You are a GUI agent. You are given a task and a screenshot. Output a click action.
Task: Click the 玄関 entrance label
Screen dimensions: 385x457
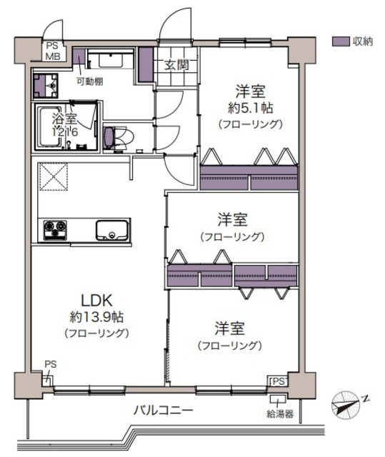(x=176, y=65)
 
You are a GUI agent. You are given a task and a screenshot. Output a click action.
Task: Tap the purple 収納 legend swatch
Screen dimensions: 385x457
(x=341, y=41)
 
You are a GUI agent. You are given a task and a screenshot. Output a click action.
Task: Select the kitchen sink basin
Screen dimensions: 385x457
(x=112, y=230)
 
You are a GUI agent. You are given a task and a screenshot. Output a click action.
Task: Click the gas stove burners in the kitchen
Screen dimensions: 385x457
(x=55, y=230)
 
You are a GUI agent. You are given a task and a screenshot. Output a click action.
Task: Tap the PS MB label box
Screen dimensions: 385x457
(x=53, y=51)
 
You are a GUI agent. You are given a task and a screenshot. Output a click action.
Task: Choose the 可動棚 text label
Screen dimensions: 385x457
(x=89, y=81)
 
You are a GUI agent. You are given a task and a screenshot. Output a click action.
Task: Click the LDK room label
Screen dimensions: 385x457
(x=96, y=301)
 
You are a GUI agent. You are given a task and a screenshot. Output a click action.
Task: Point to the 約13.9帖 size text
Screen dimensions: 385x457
(x=96, y=317)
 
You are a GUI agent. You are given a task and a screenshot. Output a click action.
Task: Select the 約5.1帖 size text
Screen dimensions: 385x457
(x=250, y=108)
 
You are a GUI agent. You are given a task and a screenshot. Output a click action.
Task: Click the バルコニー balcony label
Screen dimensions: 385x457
(x=163, y=411)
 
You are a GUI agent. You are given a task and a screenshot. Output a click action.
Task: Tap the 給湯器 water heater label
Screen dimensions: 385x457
(x=280, y=413)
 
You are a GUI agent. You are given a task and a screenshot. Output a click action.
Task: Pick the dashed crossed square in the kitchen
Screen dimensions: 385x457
(x=54, y=176)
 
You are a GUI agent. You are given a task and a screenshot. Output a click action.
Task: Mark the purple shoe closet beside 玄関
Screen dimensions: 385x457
(x=146, y=64)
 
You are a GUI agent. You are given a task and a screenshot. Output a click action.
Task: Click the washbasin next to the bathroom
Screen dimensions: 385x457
(x=46, y=86)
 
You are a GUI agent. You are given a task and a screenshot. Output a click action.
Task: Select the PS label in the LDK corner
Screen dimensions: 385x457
(x=50, y=364)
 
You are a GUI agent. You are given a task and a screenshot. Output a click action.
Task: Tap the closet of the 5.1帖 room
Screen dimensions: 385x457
(x=249, y=178)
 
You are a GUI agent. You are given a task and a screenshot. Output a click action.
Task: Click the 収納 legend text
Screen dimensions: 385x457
(x=363, y=41)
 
